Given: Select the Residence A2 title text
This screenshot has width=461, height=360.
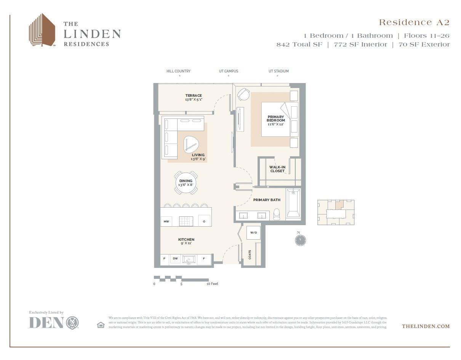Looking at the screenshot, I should pos(414,22).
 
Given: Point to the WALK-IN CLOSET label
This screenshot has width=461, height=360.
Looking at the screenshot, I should pos(277,169).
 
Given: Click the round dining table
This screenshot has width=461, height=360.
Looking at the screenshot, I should pos(186,182).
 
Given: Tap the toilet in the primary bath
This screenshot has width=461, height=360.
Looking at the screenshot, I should pos(277,215).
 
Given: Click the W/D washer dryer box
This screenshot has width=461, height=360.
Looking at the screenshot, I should pos(253,232).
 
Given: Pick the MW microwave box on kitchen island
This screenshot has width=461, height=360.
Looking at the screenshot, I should pos(166,221).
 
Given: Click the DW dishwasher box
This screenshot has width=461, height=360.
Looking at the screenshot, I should pos(175,259).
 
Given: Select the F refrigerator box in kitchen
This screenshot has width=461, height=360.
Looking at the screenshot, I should pos(204,259).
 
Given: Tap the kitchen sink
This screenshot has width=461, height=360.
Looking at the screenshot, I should pos(189,259).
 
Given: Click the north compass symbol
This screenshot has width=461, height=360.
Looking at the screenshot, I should pos(300,240).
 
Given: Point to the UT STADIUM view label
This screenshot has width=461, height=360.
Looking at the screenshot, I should pos(279,71).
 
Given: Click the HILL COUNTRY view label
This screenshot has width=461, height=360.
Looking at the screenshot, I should pos(178,71).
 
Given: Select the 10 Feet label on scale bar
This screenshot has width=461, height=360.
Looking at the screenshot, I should pos(212,284).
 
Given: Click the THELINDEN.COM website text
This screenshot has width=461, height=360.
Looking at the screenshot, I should pos(426,326).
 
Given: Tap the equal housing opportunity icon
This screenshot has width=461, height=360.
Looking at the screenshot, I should pos(101,325).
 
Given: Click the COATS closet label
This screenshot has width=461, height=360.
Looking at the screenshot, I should pos(250,254).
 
